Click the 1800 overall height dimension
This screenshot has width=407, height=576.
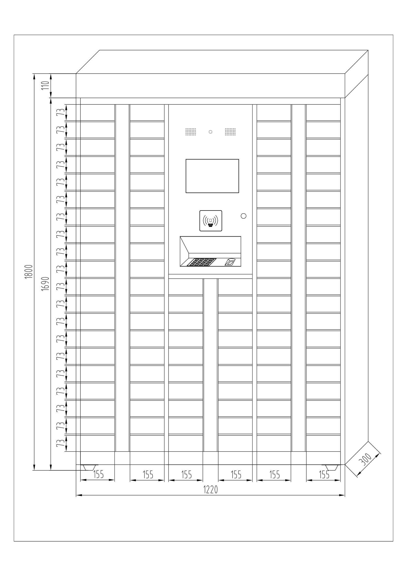pos(29,271)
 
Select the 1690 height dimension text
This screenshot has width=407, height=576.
pos(45,284)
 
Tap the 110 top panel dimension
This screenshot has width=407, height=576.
pos(45,85)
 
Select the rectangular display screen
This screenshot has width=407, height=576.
pos(212,176)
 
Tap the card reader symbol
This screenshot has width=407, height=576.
pos(211,220)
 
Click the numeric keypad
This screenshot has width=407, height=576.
pos(202,262)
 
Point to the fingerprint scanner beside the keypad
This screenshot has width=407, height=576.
pos(230,262)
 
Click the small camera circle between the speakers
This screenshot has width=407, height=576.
pos(211,132)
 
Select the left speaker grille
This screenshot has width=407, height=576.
pos(190,132)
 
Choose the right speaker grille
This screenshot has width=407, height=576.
pos(230,132)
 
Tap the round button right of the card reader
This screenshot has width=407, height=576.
pos(243,216)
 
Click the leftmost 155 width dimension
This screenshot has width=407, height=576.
pos(98,474)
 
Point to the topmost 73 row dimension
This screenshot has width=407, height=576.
pos(59,112)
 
